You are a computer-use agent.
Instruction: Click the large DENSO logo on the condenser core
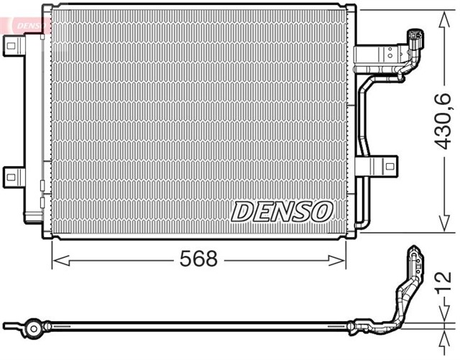pyautogui.click(x=282, y=211)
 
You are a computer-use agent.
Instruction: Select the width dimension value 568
pyautogui.click(x=198, y=259)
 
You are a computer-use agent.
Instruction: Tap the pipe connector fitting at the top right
pyautogui.click(x=415, y=41)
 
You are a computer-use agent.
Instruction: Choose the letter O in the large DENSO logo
pyautogui.click(x=321, y=211)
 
